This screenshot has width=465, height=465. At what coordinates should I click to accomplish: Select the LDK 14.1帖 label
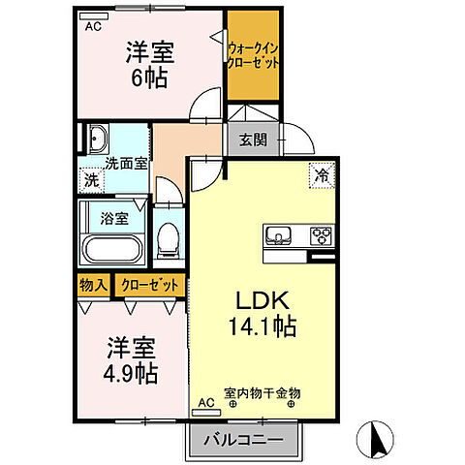point(262,311)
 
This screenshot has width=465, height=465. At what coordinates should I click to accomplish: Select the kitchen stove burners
point(321,235)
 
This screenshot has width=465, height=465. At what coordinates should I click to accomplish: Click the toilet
point(170,236)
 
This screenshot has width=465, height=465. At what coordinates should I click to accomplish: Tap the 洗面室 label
point(127,163)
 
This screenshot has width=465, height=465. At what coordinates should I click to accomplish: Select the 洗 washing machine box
point(90,179)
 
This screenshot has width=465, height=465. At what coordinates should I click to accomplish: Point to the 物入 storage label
point(93,286)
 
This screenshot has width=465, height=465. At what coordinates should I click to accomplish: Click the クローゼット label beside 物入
point(150,286)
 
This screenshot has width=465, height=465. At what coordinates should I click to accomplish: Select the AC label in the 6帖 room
point(93,27)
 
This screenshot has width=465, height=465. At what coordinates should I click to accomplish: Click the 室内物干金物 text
point(262,393)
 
